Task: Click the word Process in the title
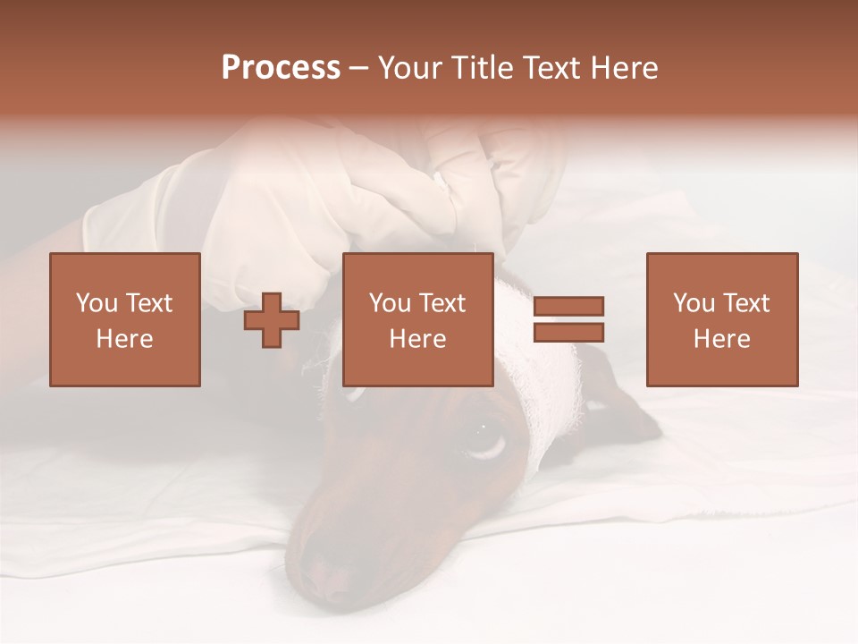click(x=281, y=68)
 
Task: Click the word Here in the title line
click(x=627, y=68)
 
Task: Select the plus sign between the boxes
click(x=272, y=320)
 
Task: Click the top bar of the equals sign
click(x=568, y=306)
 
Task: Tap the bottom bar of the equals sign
click(x=568, y=332)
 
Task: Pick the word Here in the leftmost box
click(x=124, y=339)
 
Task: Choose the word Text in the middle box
click(x=442, y=303)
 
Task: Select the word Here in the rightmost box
click(x=721, y=339)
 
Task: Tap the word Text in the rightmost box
click(x=745, y=303)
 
